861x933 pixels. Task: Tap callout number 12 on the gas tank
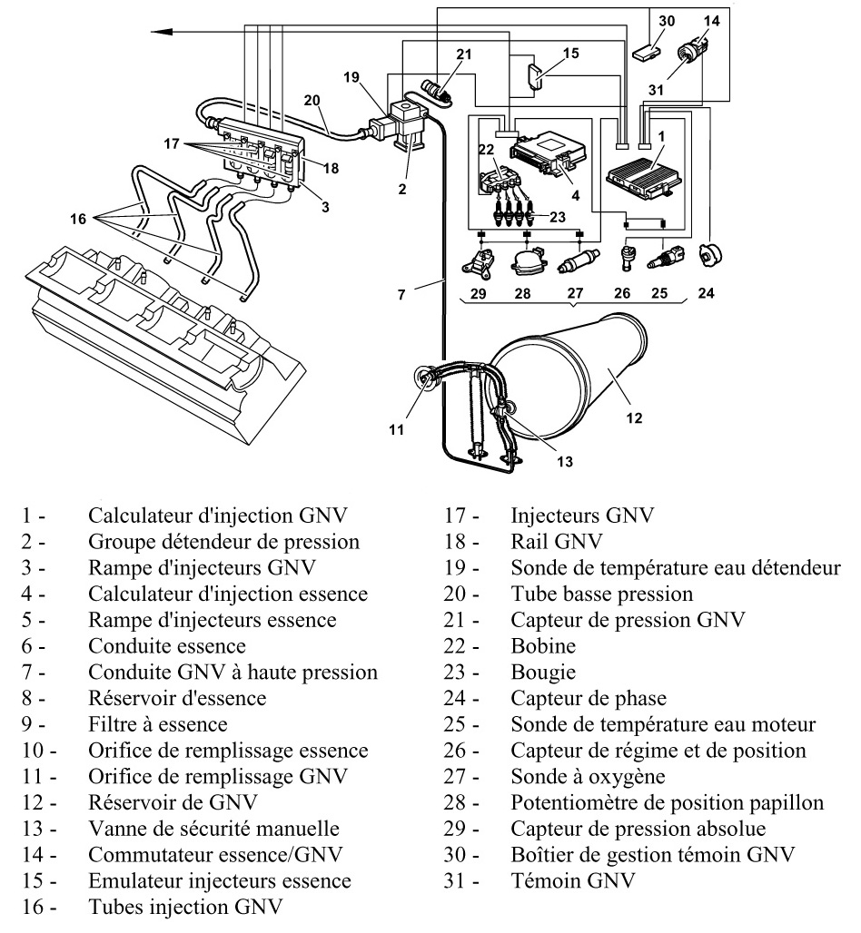[x=634, y=417]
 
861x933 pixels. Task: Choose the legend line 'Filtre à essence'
[x=157, y=724]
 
